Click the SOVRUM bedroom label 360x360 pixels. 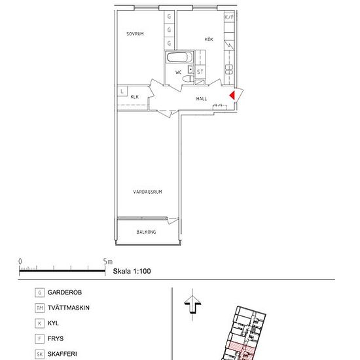pyautogui.click(x=135, y=34)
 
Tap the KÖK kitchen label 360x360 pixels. pyautogui.click(x=209, y=39)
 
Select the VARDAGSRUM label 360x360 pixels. pyautogui.click(x=147, y=192)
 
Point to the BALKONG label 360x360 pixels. pyautogui.click(x=146, y=232)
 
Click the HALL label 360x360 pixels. pyautogui.click(x=202, y=99)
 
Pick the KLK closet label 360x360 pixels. pyautogui.click(x=135, y=97)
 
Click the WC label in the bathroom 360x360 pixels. pyautogui.click(x=179, y=72)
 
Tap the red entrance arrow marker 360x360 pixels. pyautogui.click(x=232, y=95)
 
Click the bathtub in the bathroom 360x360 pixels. pyautogui.click(x=179, y=57)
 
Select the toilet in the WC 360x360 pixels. pyautogui.click(x=189, y=79)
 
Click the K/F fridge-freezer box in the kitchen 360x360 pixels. pyautogui.click(x=229, y=17)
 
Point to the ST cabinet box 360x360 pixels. pyautogui.click(x=200, y=72)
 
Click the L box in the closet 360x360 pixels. pyautogui.click(x=122, y=91)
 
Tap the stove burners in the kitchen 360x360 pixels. pyautogui.click(x=229, y=69)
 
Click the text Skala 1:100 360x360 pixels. pyautogui.click(x=132, y=271)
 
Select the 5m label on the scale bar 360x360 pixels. pyautogui.click(x=108, y=262)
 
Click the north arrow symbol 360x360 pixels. pyautogui.click(x=192, y=304)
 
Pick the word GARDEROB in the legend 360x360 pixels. pyautogui.click(x=65, y=293)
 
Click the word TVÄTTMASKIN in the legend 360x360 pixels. pyautogui.click(x=69, y=308)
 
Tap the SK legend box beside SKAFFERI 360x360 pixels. pyautogui.click(x=39, y=354)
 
